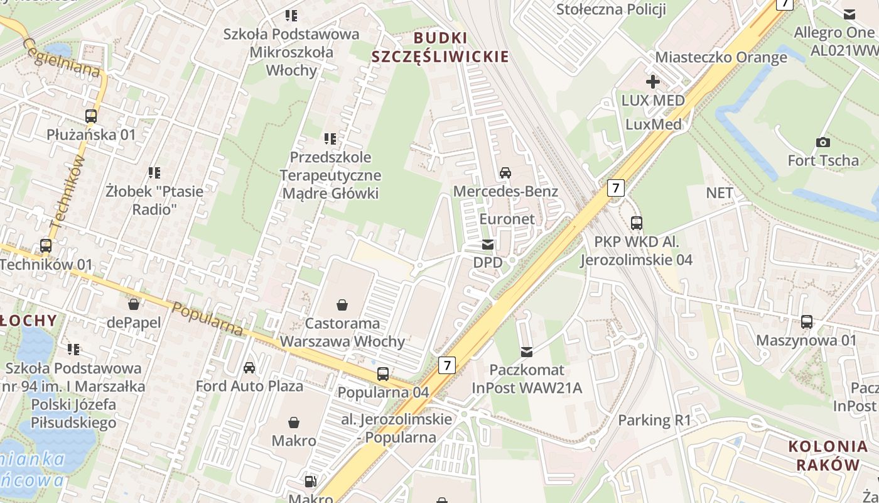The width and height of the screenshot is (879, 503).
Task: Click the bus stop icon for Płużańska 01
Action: click(x=91, y=116)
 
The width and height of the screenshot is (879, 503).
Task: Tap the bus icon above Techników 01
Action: click(x=46, y=246)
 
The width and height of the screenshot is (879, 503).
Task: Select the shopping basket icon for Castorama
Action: click(x=342, y=305)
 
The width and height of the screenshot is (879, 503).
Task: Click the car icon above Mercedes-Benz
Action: click(x=505, y=173)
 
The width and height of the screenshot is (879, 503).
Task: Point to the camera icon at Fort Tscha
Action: click(x=822, y=143)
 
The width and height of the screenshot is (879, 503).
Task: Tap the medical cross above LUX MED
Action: click(x=653, y=82)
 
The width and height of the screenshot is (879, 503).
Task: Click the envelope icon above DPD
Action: click(x=488, y=245)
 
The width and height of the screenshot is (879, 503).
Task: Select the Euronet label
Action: click(x=507, y=219)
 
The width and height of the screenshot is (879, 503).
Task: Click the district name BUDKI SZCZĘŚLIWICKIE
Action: click(x=439, y=47)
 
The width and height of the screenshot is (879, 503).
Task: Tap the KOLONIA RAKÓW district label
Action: click(x=828, y=456)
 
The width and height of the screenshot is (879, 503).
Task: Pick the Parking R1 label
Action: click(x=654, y=420)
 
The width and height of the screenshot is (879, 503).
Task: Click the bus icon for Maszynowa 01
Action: click(x=807, y=323)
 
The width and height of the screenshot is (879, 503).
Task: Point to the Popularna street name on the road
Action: click(x=207, y=319)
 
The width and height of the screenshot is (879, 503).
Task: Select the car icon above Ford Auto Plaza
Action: click(x=249, y=368)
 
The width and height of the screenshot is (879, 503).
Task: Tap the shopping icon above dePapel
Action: click(x=134, y=305)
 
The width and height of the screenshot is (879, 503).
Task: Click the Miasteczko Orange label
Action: click(x=721, y=57)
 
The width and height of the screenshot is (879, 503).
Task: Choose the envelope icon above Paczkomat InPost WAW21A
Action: click(x=527, y=352)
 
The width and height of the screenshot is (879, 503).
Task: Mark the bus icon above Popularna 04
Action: click(x=383, y=374)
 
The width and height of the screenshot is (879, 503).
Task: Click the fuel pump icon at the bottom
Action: click(x=310, y=482)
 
